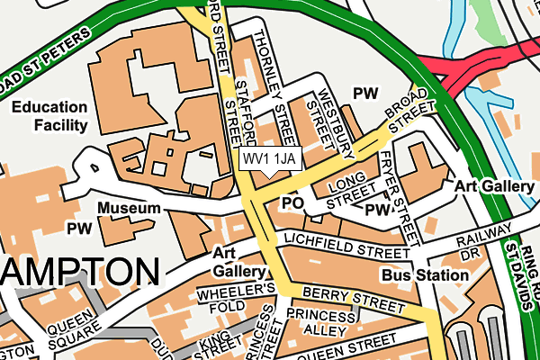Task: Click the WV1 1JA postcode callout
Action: [268, 159]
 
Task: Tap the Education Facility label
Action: [49, 116]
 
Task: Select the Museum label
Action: [129, 209]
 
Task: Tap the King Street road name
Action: [220, 344]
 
